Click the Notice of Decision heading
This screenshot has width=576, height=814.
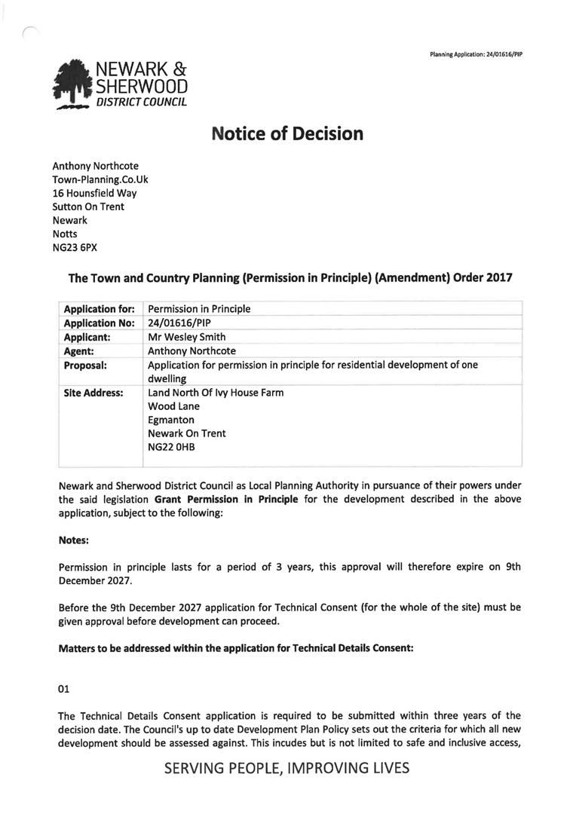click(287, 134)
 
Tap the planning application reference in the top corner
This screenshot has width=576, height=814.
click(476, 54)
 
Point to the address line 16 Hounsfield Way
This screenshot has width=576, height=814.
click(94, 193)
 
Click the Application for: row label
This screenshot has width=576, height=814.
click(99, 309)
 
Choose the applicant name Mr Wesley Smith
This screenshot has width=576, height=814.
click(186, 337)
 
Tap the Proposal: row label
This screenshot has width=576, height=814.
click(85, 365)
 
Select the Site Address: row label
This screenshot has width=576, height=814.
click(93, 393)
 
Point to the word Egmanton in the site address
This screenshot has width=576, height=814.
click(171, 420)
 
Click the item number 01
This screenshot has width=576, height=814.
click(65, 688)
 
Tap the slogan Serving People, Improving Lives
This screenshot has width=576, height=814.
click(286, 768)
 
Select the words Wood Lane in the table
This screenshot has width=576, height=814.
click(174, 406)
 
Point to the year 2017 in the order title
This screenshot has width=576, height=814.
click(495, 278)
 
